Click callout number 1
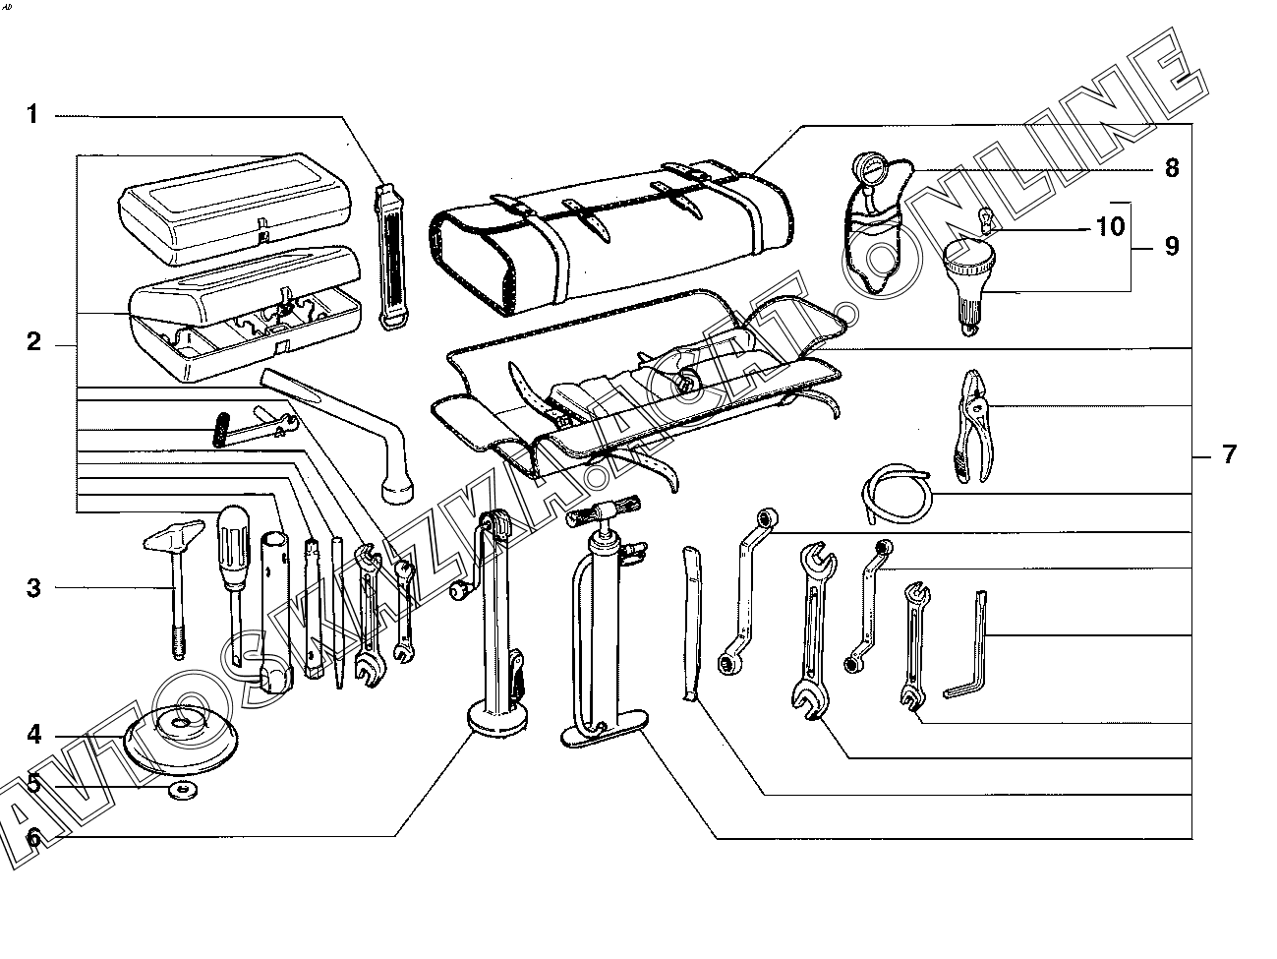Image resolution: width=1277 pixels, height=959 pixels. pyautogui.click(x=32, y=115)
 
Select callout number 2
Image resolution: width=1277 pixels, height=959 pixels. pyautogui.click(x=33, y=343)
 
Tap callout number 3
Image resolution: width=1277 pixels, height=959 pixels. pyautogui.click(x=33, y=588)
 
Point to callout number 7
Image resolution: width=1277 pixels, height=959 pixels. pyautogui.click(x=1228, y=454)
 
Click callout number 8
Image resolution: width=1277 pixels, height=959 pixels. pyautogui.click(x=1171, y=168)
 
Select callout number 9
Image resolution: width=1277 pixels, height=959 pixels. pyautogui.click(x=1171, y=246)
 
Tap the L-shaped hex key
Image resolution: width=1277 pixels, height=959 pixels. pyautogui.click(x=969, y=649)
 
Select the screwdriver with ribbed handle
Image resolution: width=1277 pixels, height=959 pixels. pyautogui.click(x=233, y=561)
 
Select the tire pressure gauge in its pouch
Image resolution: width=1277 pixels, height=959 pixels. pyautogui.click(x=878, y=221)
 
